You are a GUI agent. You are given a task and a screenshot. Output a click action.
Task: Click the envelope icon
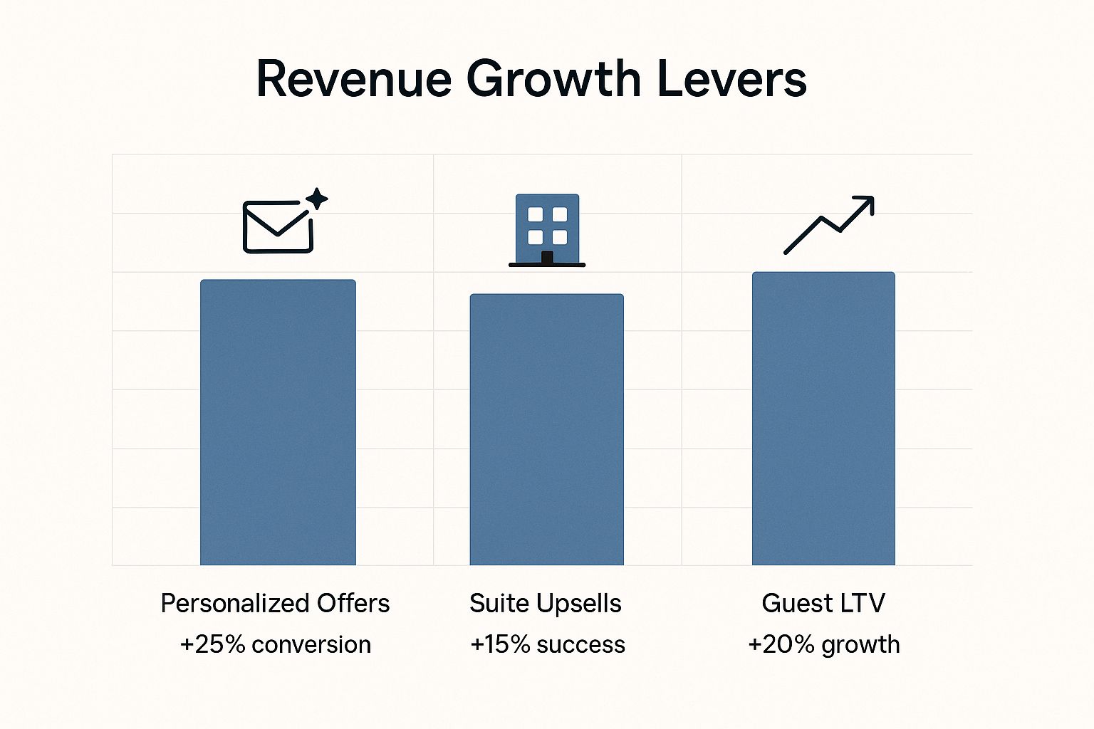(278, 227)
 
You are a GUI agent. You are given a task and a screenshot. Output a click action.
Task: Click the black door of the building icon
(547, 257)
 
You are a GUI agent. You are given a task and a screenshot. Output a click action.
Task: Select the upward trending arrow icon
(828, 224)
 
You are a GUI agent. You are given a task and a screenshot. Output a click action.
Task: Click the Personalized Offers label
(275, 604)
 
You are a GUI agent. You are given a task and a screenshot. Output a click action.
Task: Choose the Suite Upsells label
(546, 604)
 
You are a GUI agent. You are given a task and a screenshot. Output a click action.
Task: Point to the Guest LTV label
(823, 604)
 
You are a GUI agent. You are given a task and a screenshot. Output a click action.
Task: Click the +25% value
(212, 644)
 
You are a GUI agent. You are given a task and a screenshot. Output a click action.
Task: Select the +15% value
(500, 644)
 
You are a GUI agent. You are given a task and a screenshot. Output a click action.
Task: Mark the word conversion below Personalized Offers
(311, 645)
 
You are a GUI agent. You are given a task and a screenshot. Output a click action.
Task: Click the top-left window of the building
(535, 215)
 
